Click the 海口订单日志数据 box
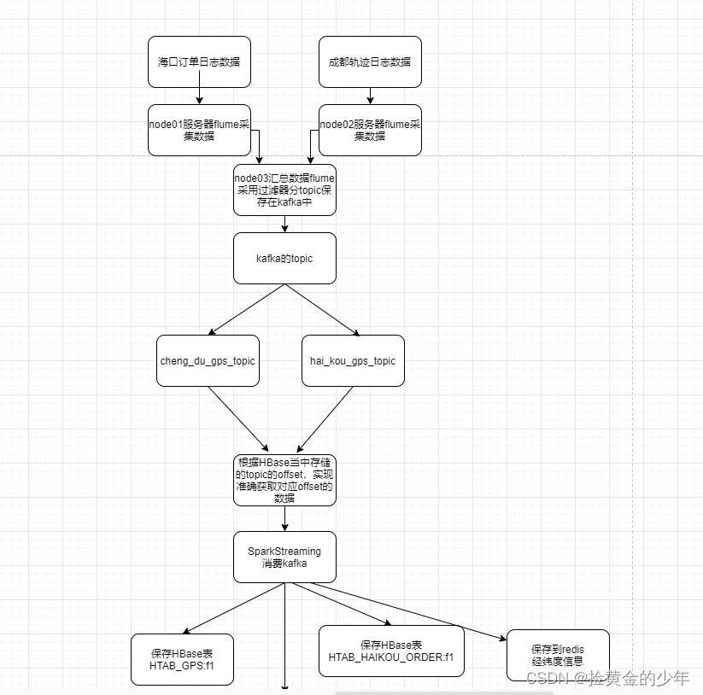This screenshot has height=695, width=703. (199, 61)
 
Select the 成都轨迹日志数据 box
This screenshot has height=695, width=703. (370, 61)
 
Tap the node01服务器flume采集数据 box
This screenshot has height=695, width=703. (199, 130)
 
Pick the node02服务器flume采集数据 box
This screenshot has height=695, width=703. (370, 130)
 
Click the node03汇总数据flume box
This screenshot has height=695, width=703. (284, 190)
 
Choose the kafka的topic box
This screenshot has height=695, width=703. (284, 258)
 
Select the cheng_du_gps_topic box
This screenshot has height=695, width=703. (208, 360)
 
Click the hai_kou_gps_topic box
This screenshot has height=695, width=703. (353, 360)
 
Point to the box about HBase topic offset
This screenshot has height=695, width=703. (284, 480)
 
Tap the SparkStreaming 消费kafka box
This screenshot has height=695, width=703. (284, 557)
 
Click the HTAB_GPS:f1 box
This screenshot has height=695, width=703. (181, 659)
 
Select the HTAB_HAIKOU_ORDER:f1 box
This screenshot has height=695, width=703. (391, 651)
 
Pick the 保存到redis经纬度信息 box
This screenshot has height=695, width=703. (558, 655)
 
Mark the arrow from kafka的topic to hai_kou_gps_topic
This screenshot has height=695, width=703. (322, 309)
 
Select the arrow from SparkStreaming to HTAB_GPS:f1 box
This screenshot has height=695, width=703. (234, 608)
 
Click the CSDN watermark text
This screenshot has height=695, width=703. (607, 679)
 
